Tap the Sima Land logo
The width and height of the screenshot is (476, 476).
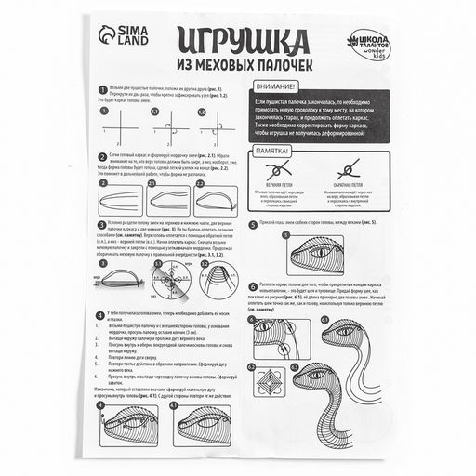tap(119, 35)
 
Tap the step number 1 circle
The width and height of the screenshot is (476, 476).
tap(100, 88)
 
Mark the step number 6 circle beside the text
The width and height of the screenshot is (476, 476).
tap(252, 288)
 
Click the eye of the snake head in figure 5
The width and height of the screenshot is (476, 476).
tap(319, 252)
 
